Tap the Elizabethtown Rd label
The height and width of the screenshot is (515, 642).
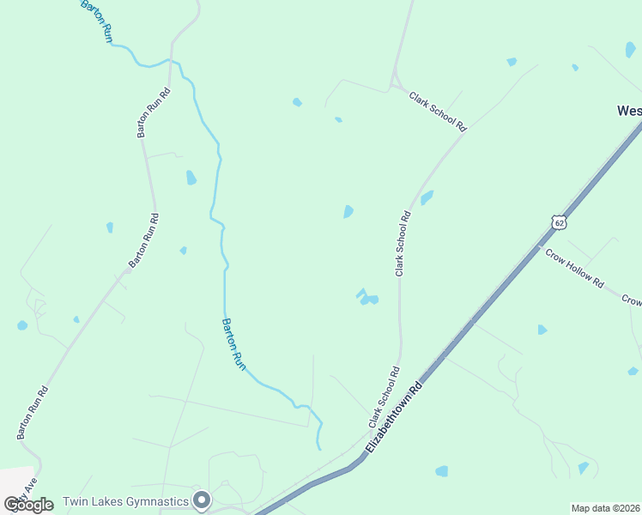pos(394,417)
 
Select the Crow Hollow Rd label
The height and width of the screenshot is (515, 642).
pos(574,271)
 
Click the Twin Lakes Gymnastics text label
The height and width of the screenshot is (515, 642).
pos(125,501)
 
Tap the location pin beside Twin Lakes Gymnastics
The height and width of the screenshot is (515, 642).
pos(202,500)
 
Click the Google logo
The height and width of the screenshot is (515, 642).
pos(28,505)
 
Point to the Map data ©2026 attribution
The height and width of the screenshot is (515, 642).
pos(606,508)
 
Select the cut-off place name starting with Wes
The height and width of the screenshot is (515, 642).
pos(629,111)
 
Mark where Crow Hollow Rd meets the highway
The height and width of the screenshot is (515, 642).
pos(539,247)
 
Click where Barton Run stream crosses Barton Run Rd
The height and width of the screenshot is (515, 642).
pos(174,61)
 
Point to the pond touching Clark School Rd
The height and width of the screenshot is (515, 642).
pos(427,197)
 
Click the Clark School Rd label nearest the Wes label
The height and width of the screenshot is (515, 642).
pos(438,112)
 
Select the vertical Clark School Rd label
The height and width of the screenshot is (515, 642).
pos(403,244)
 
